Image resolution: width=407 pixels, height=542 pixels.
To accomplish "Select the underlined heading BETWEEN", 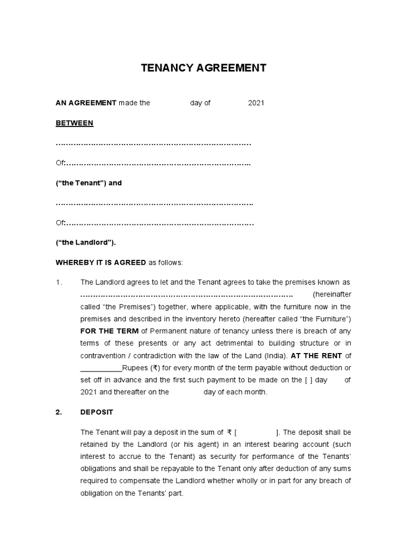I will click(x=75, y=123).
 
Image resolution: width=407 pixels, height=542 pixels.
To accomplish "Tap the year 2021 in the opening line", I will click(x=256, y=103).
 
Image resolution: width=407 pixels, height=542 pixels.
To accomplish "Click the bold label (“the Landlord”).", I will click(x=86, y=242).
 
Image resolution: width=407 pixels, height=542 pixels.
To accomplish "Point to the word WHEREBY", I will click(x=74, y=263).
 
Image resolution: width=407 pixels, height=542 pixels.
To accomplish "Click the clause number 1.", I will click(x=59, y=282).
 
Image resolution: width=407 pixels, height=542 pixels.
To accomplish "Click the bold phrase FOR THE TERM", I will click(x=109, y=331).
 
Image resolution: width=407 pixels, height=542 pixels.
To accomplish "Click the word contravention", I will click(x=104, y=355).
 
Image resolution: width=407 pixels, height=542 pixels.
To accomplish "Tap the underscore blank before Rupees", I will click(x=101, y=368).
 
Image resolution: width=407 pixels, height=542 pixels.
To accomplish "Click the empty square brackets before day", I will click(x=309, y=380).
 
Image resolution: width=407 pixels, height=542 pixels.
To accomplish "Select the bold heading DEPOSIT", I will click(x=97, y=412).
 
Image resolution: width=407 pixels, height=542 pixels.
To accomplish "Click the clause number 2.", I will click(x=59, y=412).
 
